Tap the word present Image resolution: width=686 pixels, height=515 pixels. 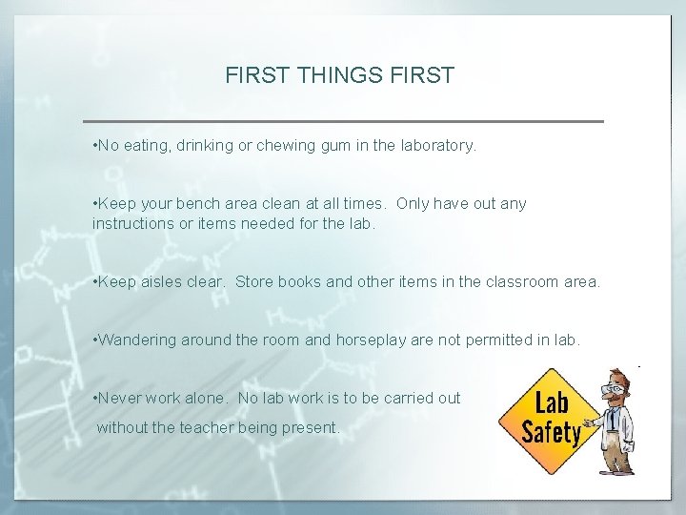coord(309,428)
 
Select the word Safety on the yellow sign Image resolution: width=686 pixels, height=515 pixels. coord(552,432)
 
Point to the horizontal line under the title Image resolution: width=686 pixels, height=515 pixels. coord(344,121)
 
